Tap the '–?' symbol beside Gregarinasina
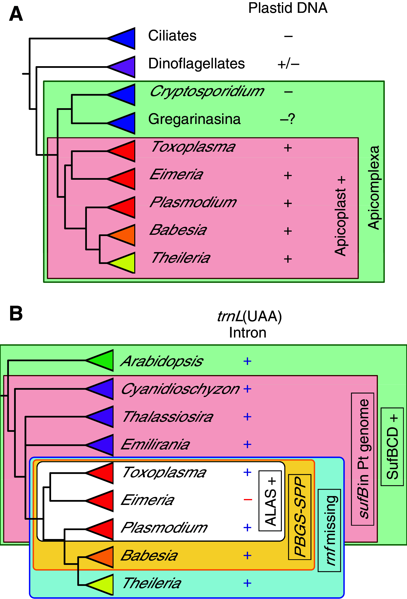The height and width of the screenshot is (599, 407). coord(288,119)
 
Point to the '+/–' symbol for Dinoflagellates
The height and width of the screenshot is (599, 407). coord(288,64)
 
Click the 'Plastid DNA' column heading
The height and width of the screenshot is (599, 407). coord(288,8)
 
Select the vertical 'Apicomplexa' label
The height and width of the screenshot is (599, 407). coord(374,188)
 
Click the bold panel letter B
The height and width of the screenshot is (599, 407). coord(16,314)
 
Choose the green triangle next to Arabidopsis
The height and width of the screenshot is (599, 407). coord(103,360)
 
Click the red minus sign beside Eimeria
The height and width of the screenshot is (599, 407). coord(248,500)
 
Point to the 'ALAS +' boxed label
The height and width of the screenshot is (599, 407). coord(270,501)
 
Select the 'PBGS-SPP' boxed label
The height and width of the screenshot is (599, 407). coord(300,517)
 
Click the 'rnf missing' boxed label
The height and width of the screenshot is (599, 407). coord(329,530)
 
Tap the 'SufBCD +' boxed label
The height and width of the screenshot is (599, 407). coord(392,447)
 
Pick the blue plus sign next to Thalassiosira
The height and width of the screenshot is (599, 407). coord(247,417)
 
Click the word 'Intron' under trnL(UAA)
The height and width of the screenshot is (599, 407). coord(248,333)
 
